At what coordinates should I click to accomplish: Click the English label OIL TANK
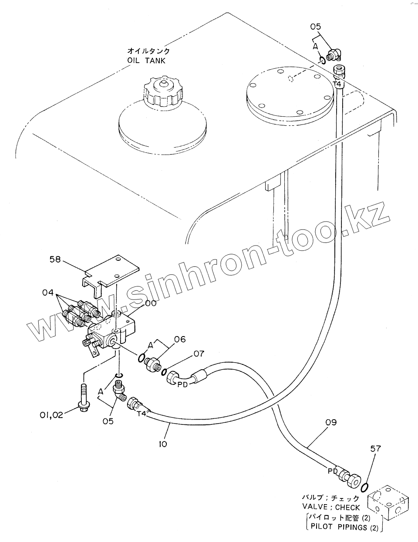point(147,61)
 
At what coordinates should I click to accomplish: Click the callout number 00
point(151,303)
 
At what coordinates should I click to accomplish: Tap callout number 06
point(168,339)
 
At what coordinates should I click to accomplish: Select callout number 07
point(198,354)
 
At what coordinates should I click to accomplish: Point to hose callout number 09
point(330,422)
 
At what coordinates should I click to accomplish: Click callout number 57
point(376,448)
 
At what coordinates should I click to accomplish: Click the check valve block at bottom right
point(388,503)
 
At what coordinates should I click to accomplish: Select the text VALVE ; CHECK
point(331,507)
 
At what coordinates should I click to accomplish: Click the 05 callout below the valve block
point(108,421)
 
